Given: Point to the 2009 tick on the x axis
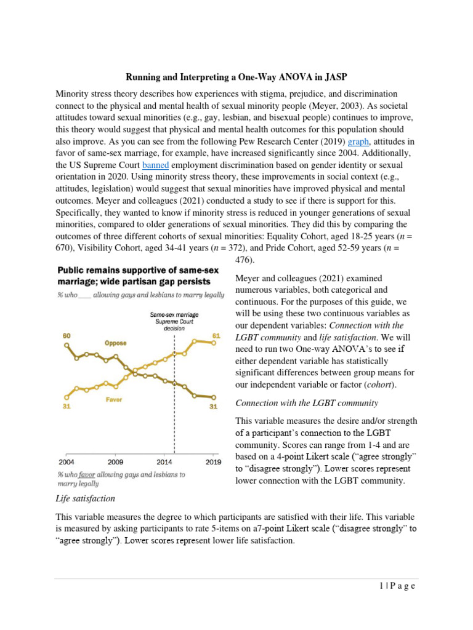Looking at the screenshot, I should click(116, 461).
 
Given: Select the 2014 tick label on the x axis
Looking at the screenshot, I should click(164, 461).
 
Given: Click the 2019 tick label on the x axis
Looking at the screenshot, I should click(213, 461).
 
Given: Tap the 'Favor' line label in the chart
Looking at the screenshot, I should click(114, 400).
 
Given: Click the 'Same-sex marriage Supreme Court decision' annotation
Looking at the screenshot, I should click(174, 321).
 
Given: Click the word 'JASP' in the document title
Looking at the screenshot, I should click(333, 77).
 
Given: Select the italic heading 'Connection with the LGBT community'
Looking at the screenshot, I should click(307, 403).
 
